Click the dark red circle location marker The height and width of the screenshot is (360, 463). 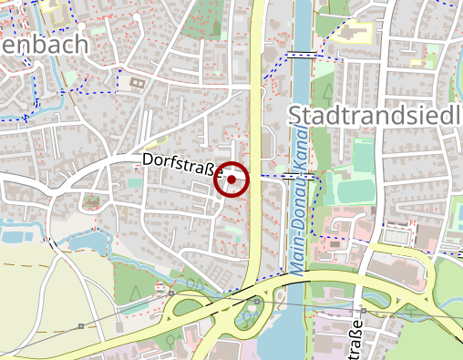point(231,180)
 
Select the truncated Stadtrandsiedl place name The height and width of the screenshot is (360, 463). point(375,115)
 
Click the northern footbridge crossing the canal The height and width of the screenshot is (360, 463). point(300,55)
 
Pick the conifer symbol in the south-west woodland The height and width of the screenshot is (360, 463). point(134,293)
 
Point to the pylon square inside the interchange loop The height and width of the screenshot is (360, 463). point(258,300)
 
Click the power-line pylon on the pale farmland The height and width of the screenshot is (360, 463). point(80,325)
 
